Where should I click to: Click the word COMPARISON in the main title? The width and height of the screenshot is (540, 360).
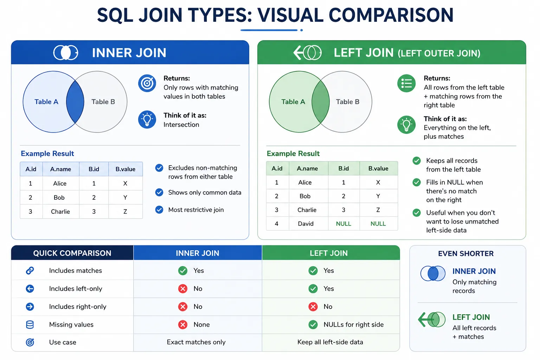tap(391, 15)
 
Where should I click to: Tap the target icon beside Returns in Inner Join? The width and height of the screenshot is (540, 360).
tap(147, 83)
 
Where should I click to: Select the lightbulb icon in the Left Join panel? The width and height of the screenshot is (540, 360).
tap(406, 125)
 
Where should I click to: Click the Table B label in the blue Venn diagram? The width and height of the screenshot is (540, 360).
tap(103, 102)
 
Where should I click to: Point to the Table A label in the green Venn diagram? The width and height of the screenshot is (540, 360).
tap(293, 102)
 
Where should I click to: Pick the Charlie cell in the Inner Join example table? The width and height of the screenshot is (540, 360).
tap(60, 212)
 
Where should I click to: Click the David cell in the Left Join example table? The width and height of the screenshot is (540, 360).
tap(306, 224)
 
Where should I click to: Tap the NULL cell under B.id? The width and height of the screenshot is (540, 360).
tap(343, 224)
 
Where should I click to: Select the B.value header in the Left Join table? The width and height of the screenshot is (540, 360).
tap(378, 168)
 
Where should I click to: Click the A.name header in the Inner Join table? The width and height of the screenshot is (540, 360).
tap(60, 169)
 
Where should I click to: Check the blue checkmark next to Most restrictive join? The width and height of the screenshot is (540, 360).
tap(159, 210)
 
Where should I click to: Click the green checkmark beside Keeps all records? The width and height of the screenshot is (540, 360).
tap(417, 161)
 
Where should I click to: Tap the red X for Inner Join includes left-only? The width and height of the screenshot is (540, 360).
tap(183, 289)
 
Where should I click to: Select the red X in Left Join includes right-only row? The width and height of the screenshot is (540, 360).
tap(313, 307)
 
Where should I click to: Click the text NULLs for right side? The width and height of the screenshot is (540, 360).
tap(353, 324)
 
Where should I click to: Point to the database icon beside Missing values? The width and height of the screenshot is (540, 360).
tap(30, 324)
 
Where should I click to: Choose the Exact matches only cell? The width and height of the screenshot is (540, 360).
tap(196, 342)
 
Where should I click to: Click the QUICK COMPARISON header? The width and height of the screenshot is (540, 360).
tap(72, 253)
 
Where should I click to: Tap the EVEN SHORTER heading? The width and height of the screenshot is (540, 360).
tap(466, 254)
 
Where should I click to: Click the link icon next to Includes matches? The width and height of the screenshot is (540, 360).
tap(30, 271)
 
